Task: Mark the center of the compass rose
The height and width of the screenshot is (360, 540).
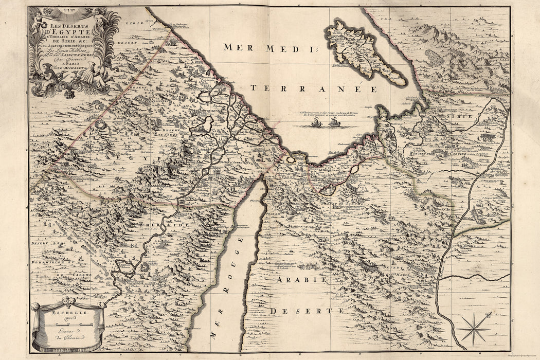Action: coord(474,329)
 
